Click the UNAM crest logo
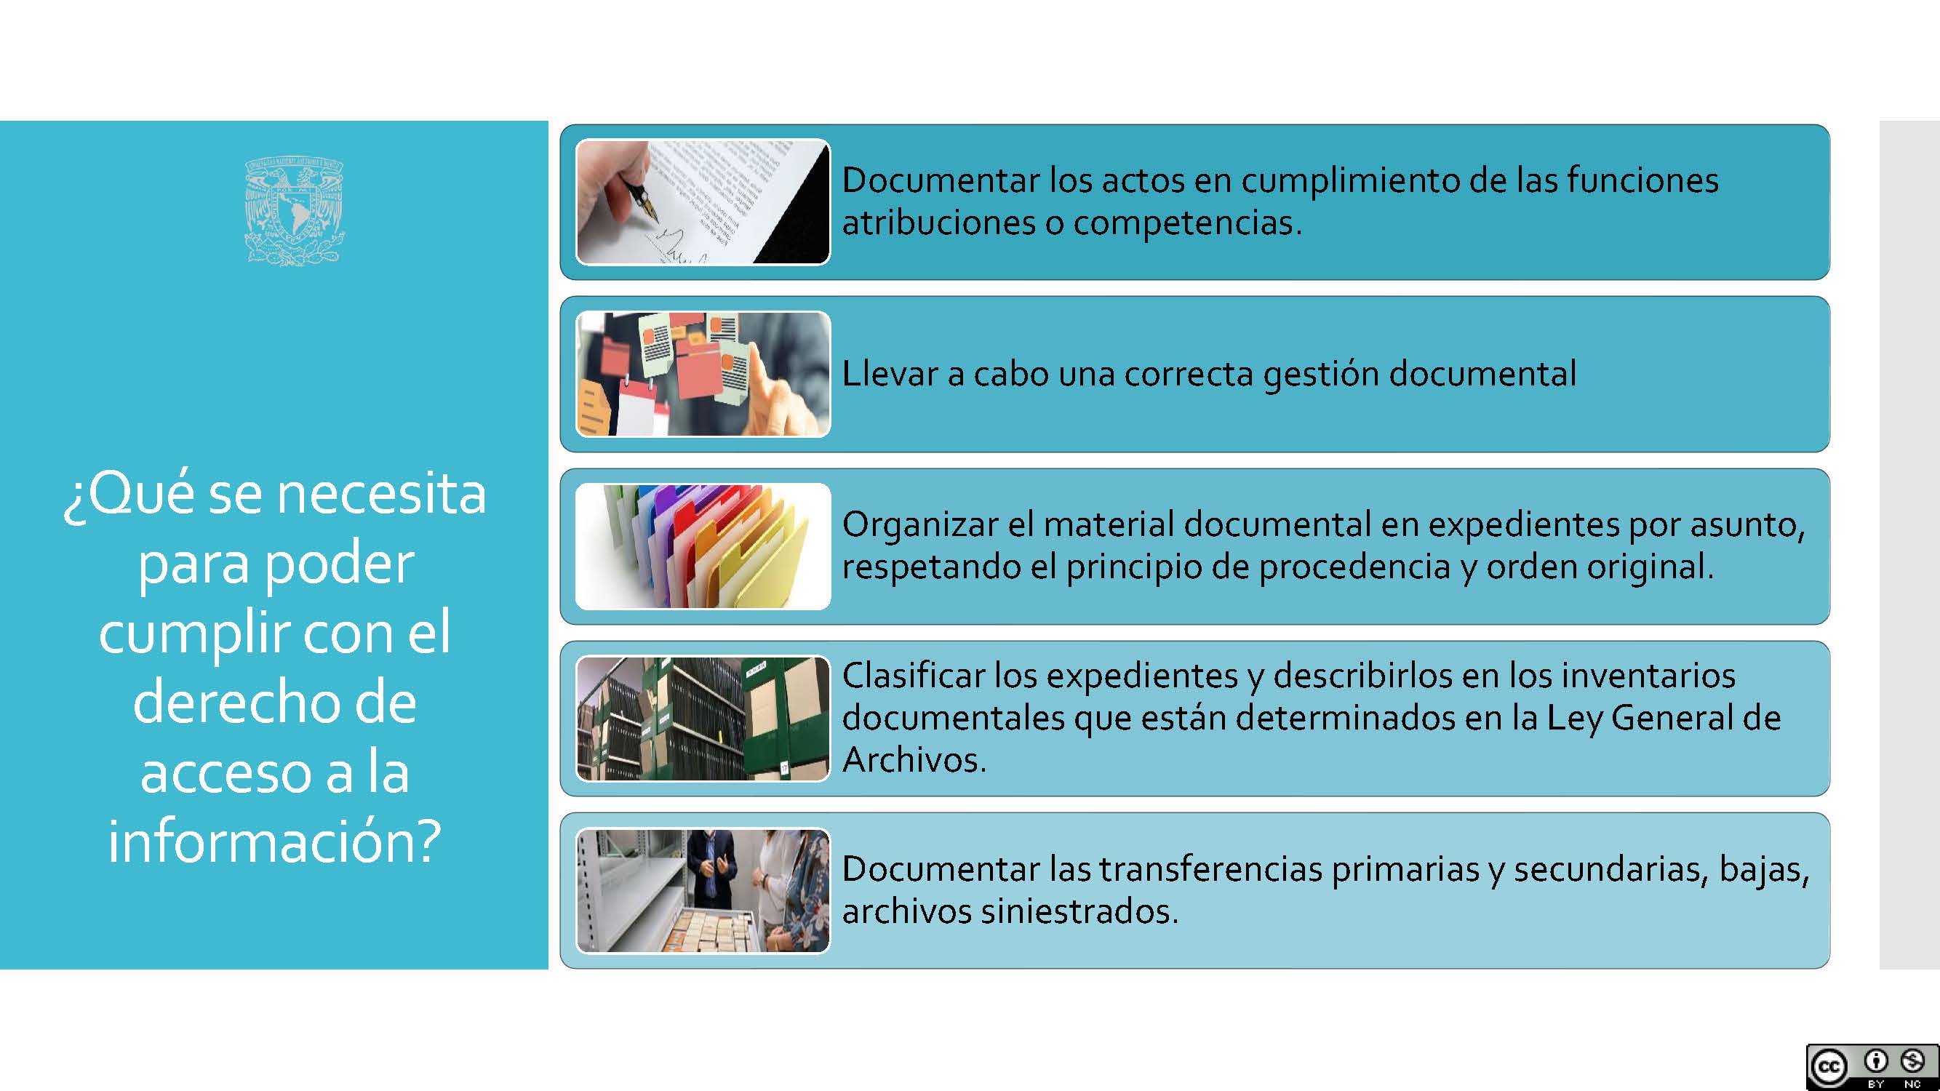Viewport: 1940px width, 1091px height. tap(295, 211)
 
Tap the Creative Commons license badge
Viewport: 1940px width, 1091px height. tap(1872, 1067)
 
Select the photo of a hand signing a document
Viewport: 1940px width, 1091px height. tap(703, 201)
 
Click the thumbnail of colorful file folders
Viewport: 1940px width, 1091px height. tap(703, 546)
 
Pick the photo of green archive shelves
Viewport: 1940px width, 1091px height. tap(703, 719)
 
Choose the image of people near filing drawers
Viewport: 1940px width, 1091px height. tap(703, 891)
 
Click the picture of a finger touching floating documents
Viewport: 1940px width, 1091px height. tap(703, 374)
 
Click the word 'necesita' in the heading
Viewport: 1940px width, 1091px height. tap(382, 495)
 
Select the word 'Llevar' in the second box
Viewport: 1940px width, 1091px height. tap(889, 373)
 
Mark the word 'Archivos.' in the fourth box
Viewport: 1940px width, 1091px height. tap(914, 760)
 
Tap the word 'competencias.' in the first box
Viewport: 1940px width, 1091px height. tap(1188, 223)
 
